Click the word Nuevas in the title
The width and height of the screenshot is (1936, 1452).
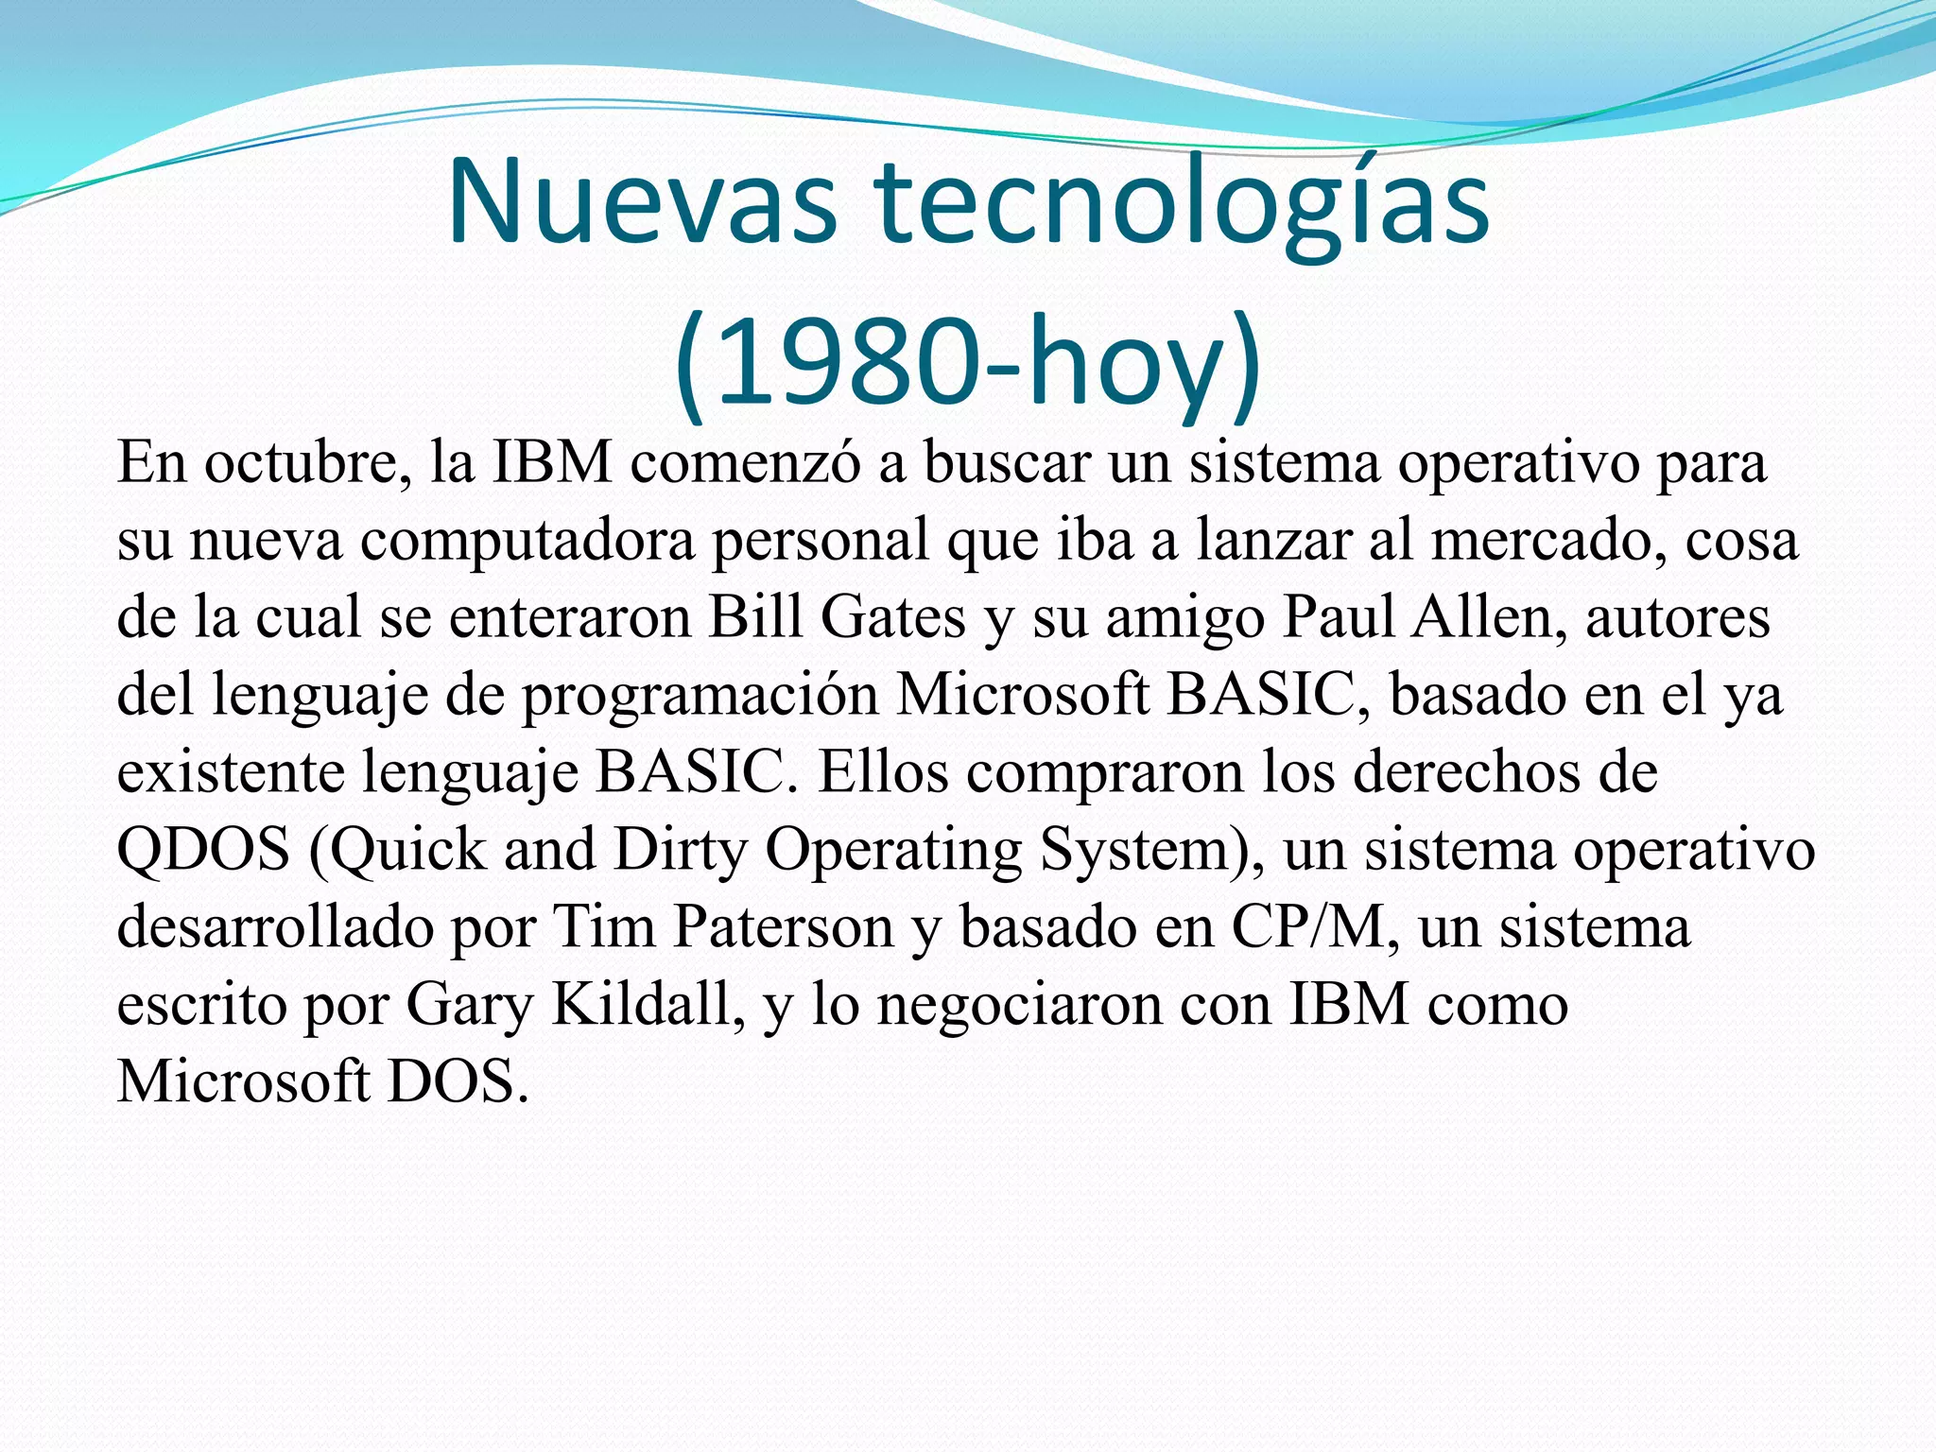point(642,204)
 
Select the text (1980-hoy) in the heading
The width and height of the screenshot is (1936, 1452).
point(968,364)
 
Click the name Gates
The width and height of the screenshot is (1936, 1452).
point(892,618)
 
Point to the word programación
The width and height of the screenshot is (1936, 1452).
point(700,697)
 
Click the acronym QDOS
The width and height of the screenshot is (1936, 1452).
point(203,850)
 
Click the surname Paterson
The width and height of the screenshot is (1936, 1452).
point(784,927)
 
